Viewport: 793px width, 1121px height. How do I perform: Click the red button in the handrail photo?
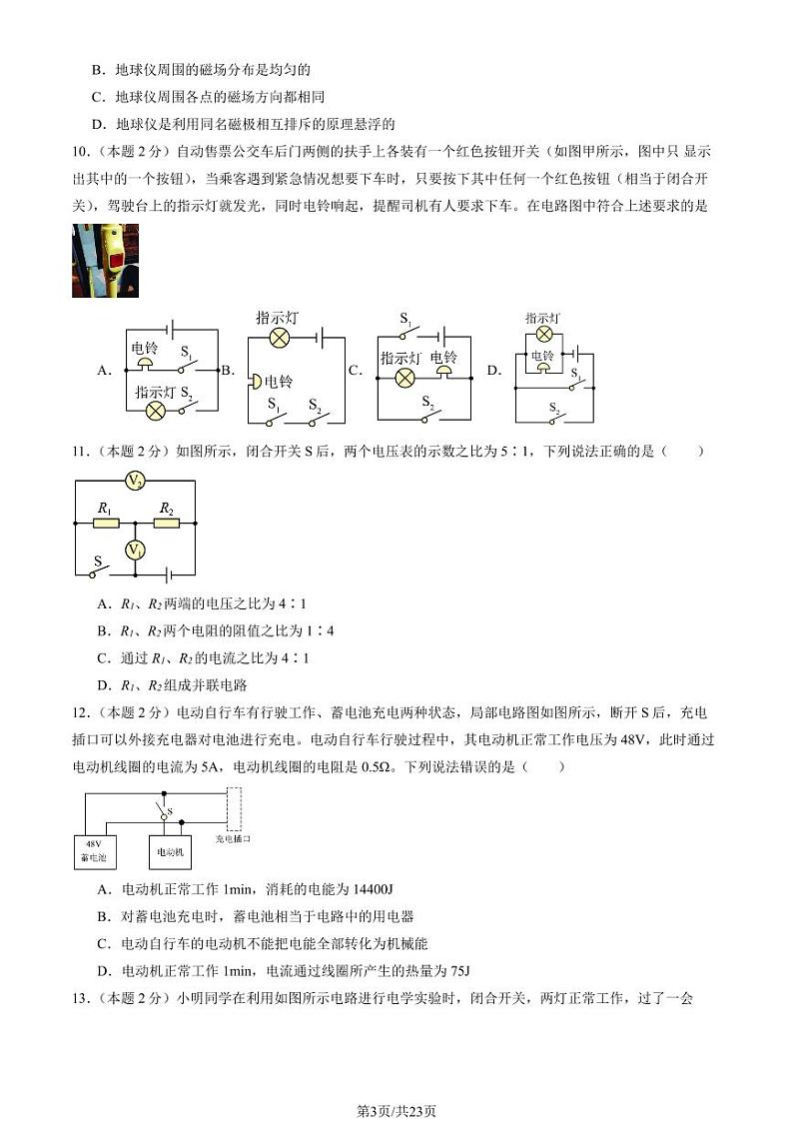(116, 265)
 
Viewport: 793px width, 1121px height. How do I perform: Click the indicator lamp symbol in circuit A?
(156, 410)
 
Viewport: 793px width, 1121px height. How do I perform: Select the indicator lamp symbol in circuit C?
(404, 378)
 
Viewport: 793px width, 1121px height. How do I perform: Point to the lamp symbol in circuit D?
(544, 334)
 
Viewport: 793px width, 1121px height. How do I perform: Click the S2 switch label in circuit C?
(427, 402)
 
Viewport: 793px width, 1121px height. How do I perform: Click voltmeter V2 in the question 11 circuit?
(135, 482)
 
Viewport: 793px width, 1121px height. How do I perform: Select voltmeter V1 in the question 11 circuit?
(135, 550)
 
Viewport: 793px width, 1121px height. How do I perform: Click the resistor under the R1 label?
(105, 523)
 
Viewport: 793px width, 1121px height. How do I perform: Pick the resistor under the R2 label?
(166, 523)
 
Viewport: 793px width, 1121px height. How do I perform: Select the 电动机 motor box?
(170, 851)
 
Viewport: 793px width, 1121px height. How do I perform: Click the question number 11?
(81, 452)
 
